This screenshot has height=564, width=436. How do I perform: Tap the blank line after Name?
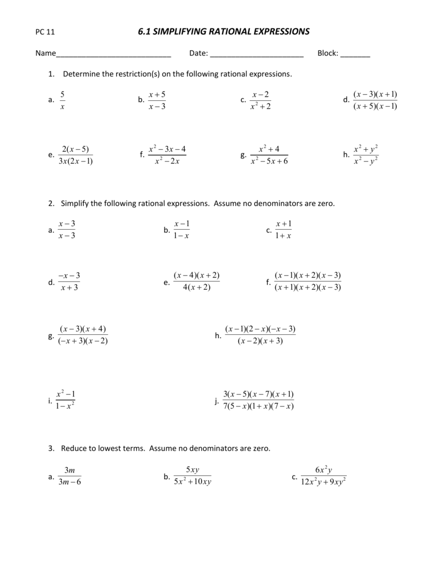114,55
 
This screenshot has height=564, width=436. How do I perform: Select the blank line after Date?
257,55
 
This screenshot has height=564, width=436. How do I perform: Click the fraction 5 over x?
62,100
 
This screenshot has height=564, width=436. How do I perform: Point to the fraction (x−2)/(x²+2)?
260,100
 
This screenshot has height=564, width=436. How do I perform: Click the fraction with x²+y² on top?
365,155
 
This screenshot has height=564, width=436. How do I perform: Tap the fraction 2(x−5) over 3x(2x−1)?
76,155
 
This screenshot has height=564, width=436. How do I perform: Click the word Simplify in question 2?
77,203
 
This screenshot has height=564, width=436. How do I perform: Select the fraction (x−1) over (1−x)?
181,229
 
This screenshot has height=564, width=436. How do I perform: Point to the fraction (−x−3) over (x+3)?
69,281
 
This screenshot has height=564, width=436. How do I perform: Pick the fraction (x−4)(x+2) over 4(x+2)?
196,281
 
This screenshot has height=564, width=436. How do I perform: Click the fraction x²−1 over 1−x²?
65,400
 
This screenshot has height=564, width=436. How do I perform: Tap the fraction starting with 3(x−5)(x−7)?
258,400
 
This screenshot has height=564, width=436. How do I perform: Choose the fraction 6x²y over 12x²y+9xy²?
323,476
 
